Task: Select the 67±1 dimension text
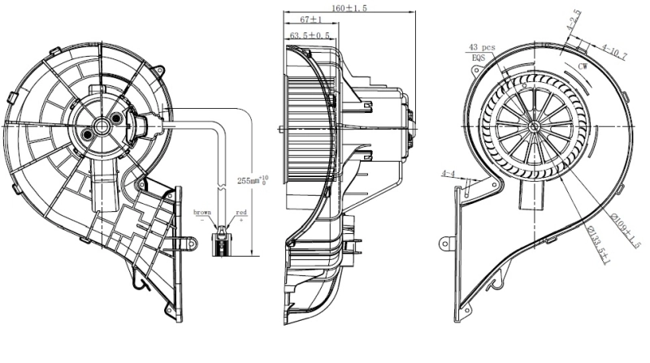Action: [x=306, y=19]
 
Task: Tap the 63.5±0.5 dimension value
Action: [x=310, y=36]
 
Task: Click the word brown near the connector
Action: [x=203, y=212]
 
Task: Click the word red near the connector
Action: [x=241, y=212]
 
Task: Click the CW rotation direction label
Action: [x=583, y=65]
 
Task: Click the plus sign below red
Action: [x=241, y=220]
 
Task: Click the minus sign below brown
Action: [x=203, y=220]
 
